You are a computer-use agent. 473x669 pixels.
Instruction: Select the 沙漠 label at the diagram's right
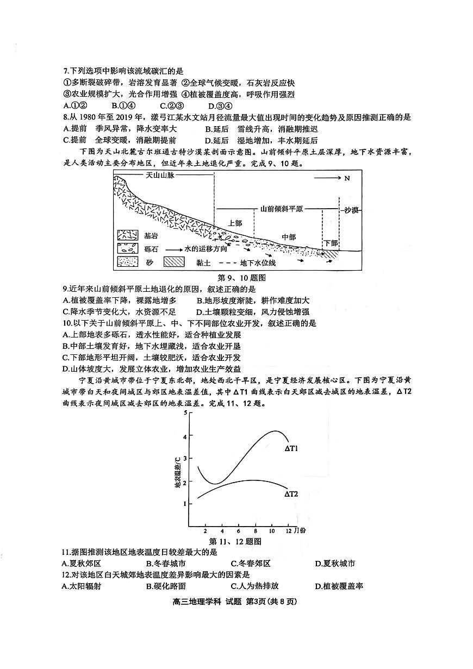click(x=353, y=210)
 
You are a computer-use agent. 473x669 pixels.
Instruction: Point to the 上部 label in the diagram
click(x=234, y=223)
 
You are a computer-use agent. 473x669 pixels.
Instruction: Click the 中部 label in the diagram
click(x=289, y=237)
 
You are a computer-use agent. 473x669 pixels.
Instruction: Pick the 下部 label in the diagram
click(x=331, y=243)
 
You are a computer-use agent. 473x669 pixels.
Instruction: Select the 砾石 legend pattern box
click(x=128, y=249)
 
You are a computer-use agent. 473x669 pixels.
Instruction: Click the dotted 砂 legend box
click(x=128, y=263)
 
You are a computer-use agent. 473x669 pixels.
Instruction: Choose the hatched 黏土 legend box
click(x=176, y=263)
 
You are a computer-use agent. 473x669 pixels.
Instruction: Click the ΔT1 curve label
click(x=292, y=449)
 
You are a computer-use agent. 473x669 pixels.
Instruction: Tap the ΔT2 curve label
click(x=291, y=494)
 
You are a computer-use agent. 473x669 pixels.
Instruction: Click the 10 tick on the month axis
click(x=272, y=530)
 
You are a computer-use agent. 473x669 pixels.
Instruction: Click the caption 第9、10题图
click(x=236, y=277)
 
